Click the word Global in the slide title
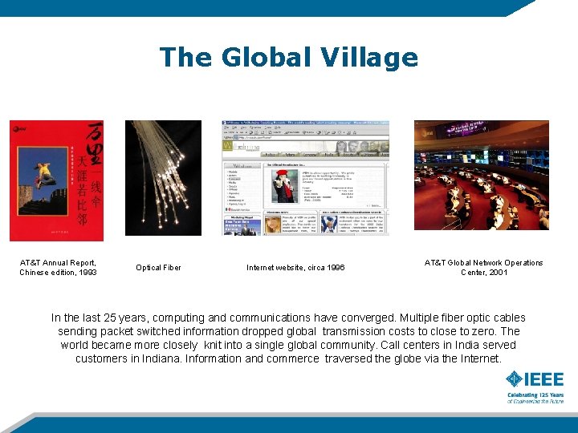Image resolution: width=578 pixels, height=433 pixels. pos(264,58)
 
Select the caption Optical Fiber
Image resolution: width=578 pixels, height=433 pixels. pos(158,268)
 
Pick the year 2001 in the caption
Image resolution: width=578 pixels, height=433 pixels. pos(495,273)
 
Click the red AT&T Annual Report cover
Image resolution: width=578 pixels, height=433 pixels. pos(56,180)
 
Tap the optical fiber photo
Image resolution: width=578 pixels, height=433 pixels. pos(163,177)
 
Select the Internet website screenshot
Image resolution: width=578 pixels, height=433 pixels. pos(305,177)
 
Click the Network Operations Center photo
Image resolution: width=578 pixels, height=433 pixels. pos(481,175)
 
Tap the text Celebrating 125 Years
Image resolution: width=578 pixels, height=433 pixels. pos(535,395)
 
